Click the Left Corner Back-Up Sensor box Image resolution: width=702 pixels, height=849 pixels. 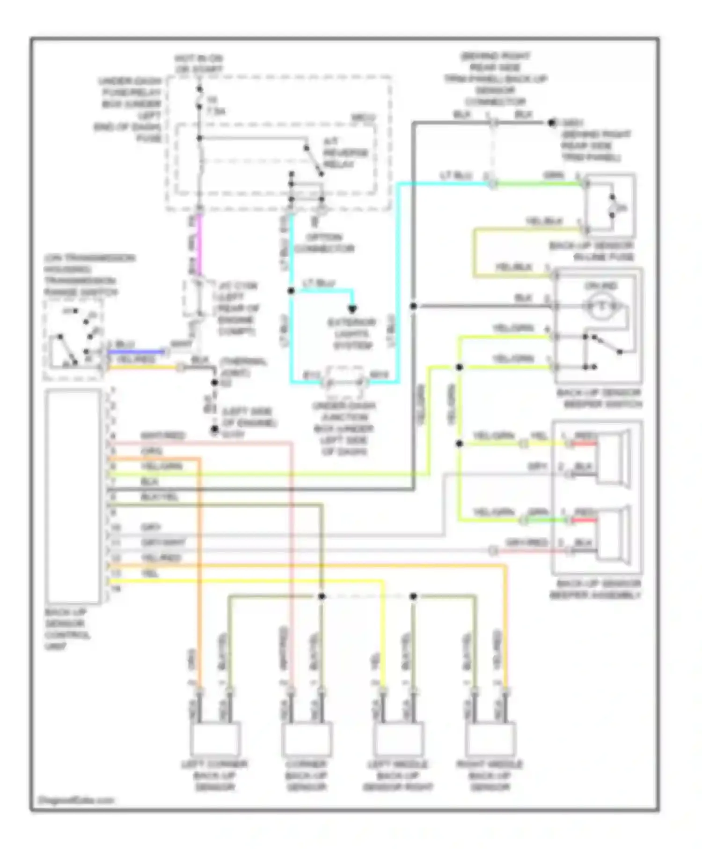215,739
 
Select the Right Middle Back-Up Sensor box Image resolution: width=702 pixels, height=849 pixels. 490,739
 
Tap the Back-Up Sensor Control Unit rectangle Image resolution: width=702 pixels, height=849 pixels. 73,496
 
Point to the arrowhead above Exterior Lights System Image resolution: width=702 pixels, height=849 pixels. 352,309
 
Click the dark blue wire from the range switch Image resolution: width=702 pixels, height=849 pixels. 136,351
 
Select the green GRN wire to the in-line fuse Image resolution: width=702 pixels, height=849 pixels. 538,184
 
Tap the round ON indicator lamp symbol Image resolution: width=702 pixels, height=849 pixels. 602,306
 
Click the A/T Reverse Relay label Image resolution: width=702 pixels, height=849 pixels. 345,153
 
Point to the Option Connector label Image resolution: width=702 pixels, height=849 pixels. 324,242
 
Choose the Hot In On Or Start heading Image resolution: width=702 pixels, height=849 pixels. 199,64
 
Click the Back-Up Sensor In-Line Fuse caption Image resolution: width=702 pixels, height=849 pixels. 592,251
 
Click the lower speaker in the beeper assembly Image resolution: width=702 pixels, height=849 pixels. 613,534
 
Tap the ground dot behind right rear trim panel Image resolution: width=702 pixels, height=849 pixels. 552,123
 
